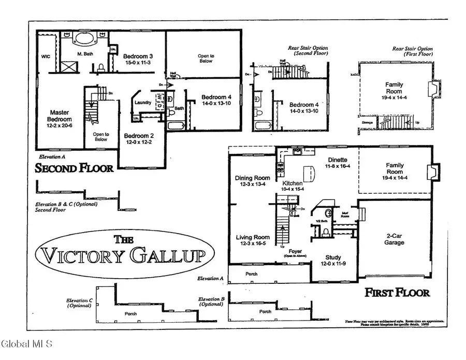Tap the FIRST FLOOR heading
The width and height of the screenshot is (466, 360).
pyautogui.click(x=397, y=293)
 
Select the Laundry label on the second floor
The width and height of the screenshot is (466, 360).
pyautogui.click(x=142, y=103)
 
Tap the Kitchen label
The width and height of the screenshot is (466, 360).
pyautogui.click(x=293, y=183)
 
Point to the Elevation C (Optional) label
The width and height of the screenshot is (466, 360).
pyautogui.click(x=79, y=303)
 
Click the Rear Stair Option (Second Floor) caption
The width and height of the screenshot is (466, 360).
pyautogui.click(x=308, y=50)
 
